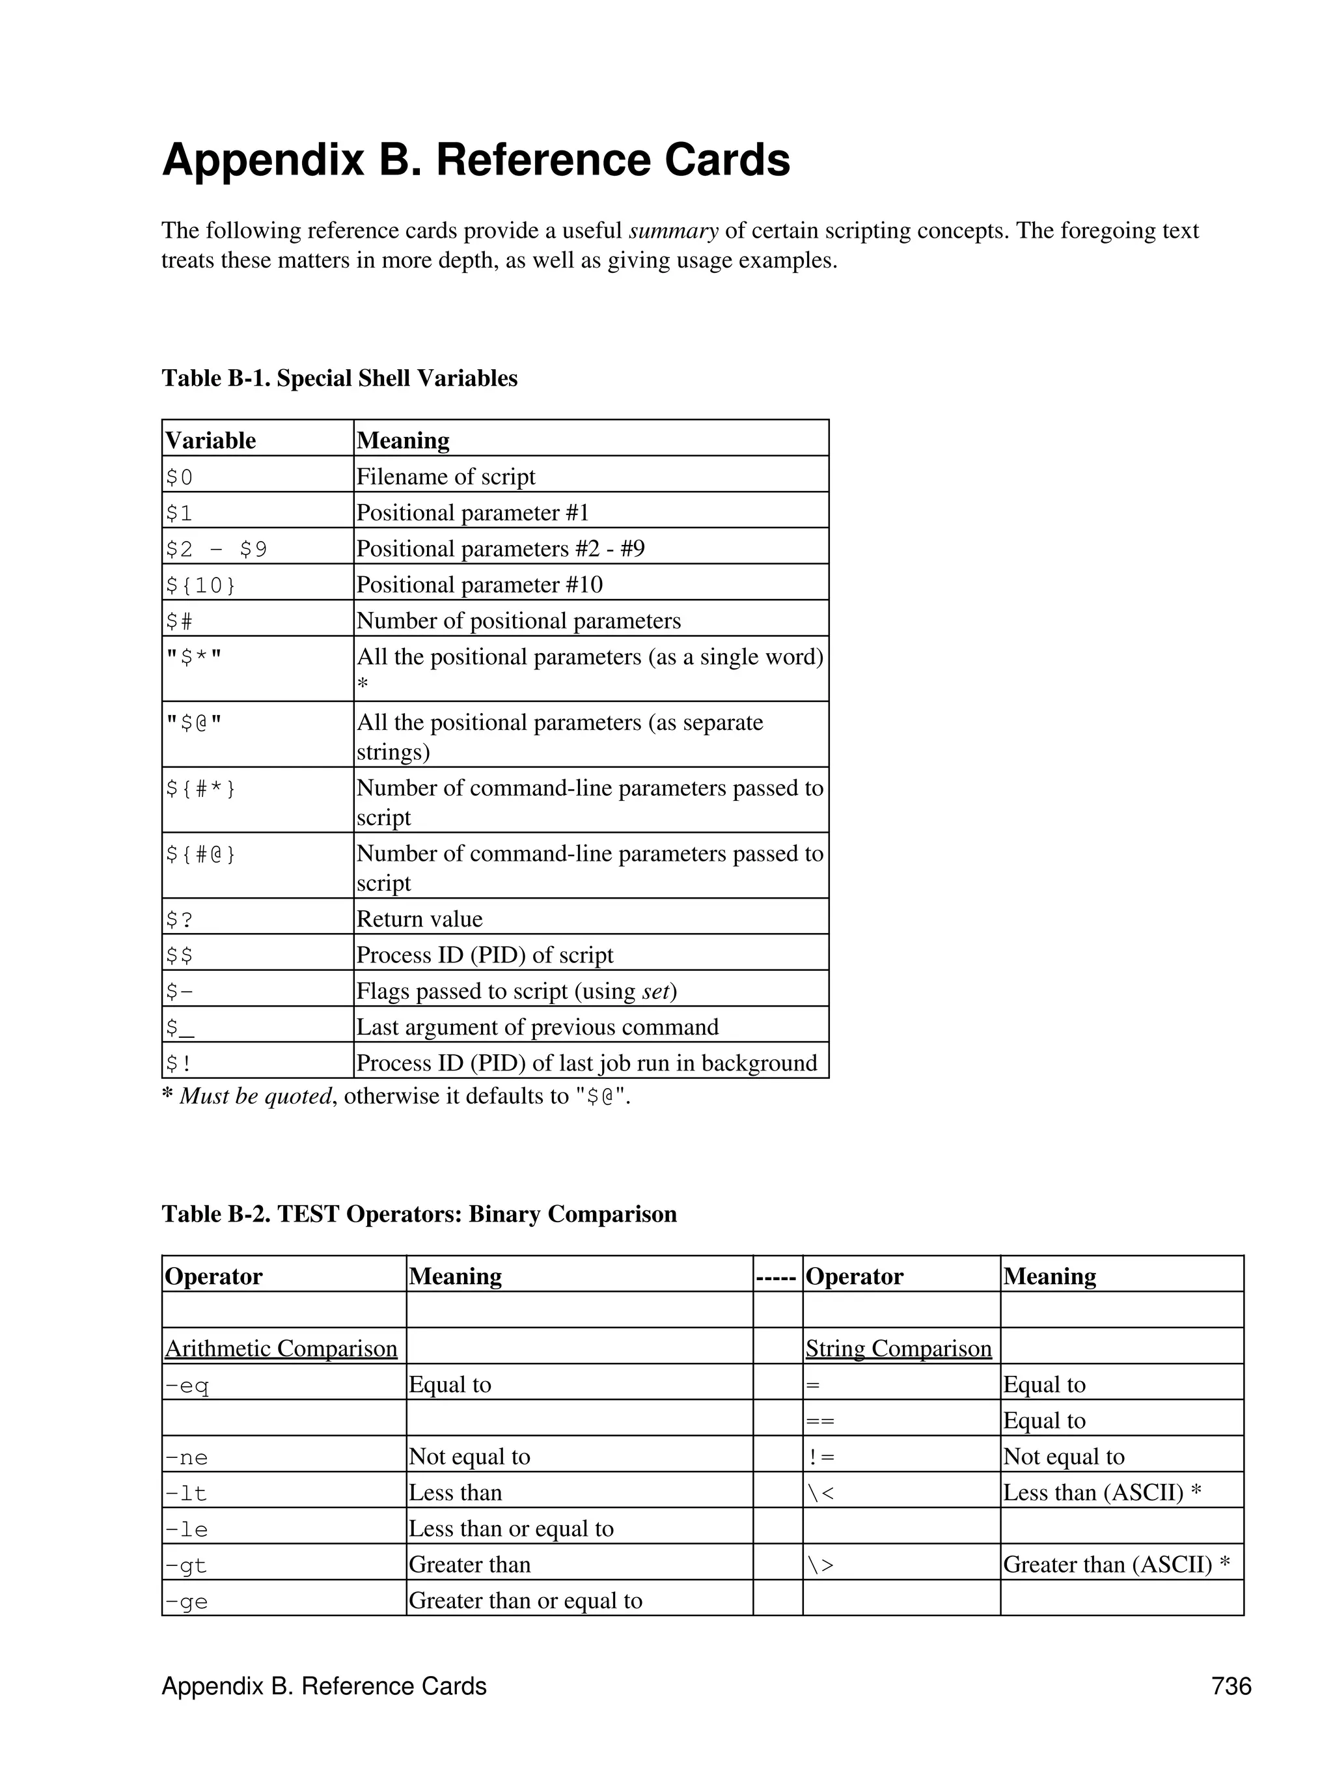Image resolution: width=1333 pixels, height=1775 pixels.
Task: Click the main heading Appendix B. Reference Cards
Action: click(476, 160)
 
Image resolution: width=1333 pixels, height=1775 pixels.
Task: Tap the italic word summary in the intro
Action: click(673, 231)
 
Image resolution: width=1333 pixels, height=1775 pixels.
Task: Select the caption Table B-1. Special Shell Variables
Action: click(339, 378)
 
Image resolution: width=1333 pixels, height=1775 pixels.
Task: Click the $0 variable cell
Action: click(180, 477)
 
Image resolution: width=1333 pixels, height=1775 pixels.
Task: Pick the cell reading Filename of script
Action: click(445, 477)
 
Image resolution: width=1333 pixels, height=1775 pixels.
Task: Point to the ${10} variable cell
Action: click(200, 585)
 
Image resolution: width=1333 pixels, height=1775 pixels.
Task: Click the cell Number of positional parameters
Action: click(518, 621)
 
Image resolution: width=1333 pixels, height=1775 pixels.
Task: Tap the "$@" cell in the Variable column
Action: click(193, 723)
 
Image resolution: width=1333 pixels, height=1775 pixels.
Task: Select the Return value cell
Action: click(419, 919)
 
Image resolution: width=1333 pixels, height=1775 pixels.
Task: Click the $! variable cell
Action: click(179, 1063)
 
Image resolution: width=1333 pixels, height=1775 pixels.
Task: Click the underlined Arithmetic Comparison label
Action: click(281, 1348)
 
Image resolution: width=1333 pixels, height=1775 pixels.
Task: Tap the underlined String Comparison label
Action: click(898, 1348)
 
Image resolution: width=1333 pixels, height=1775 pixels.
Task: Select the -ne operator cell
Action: click(186, 1457)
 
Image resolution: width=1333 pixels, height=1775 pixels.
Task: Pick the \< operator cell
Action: click(821, 1493)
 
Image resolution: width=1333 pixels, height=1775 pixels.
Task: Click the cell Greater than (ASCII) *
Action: click(1116, 1565)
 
